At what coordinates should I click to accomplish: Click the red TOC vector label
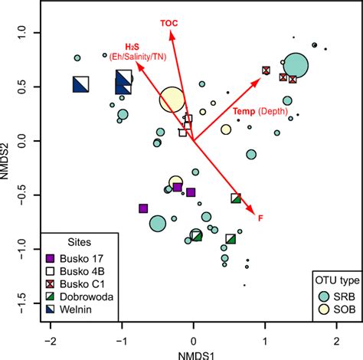coord(168,23)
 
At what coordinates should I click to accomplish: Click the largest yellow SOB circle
coord(173,100)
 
